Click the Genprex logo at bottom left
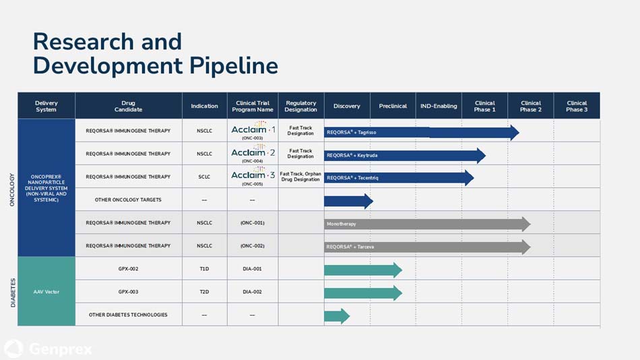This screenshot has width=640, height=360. (48, 349)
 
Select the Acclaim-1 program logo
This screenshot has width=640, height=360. (253, 129)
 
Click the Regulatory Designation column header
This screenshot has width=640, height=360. (300, 106)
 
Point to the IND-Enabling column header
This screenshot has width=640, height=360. (439, 106)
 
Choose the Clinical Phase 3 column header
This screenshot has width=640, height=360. (576, 106)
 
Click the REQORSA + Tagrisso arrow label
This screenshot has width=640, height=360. (352, 133)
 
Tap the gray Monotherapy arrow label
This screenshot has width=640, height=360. (342, 224)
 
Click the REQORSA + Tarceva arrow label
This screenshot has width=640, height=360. (350, 247)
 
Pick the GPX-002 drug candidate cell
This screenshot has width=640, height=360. (128, 268)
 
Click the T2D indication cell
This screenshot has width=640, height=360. (204, 292)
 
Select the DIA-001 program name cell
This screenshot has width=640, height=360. (252, 268)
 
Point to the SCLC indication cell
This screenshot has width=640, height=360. (204, 177)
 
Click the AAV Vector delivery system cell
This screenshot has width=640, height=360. (46, 291)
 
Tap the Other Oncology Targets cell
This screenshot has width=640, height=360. (128, 200)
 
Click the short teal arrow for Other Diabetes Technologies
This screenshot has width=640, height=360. (336, 316)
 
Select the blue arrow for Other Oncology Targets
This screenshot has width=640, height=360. (348, 201)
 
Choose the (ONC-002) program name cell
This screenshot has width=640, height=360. (252, 245)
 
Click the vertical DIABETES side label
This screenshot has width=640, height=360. (12, 293)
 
